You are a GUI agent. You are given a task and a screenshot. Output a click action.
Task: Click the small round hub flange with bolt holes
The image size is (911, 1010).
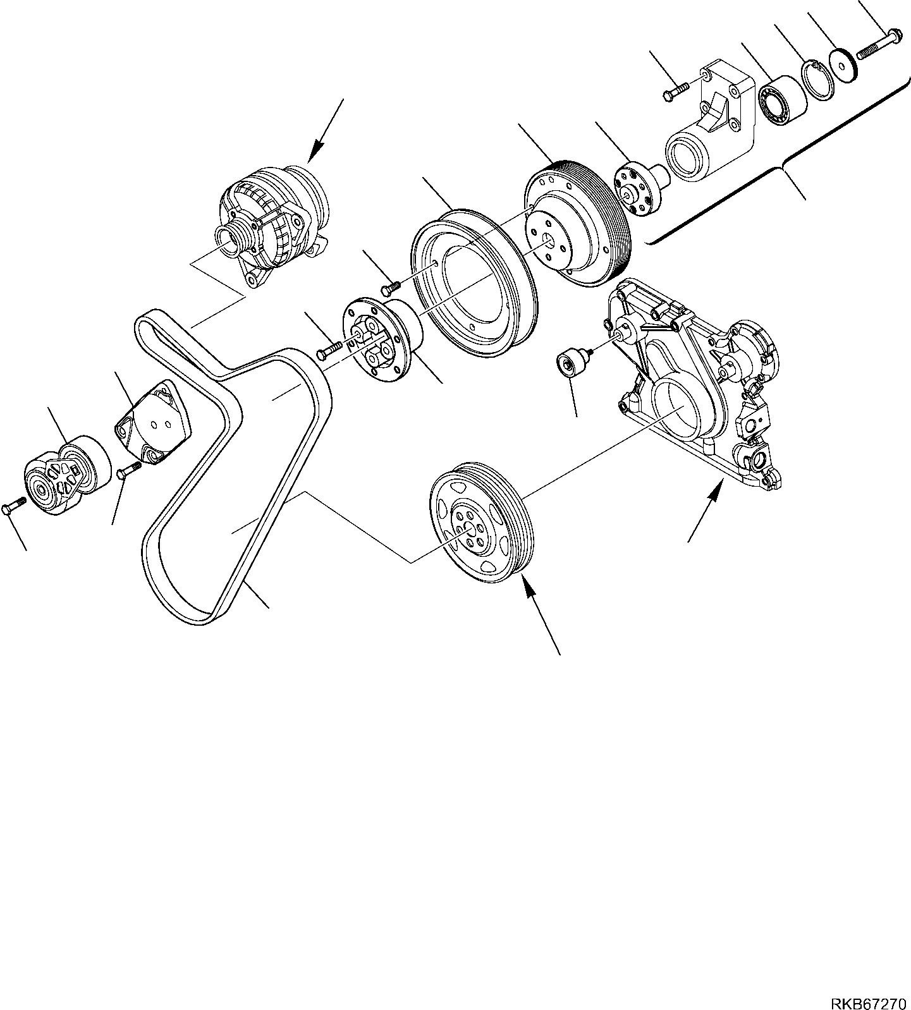point(635,189)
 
